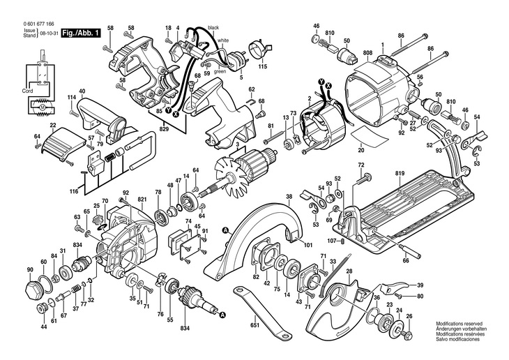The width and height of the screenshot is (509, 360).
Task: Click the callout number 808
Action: (368, 53)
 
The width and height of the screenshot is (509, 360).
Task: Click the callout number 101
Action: (307, 244)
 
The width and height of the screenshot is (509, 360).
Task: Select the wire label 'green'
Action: (220, 70)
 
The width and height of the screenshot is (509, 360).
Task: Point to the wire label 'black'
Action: (213, 27)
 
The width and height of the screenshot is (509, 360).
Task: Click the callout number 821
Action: (142, 199)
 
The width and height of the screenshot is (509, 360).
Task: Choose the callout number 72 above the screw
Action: (360, 165)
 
